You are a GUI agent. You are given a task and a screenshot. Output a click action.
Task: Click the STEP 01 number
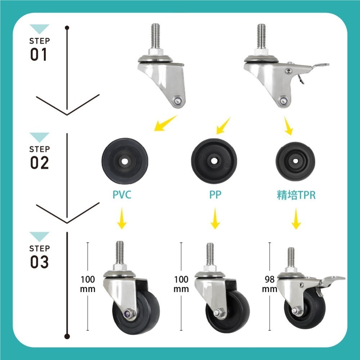click(x=39, y=54)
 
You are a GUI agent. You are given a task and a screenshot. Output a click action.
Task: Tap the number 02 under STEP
click(x=39, y=163)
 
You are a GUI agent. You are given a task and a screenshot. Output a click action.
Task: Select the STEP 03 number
click(x=39, y=262)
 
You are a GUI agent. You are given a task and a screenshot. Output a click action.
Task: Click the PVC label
click(x=122, y=194)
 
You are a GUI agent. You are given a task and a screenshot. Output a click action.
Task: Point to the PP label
click(x=215, y=194)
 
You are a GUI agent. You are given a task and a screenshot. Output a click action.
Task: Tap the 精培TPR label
click(x=296, y=195)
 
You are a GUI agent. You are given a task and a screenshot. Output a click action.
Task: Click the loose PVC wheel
click(x=125, y=161)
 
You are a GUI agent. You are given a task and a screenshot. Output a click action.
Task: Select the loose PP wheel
click(x=214, y=161)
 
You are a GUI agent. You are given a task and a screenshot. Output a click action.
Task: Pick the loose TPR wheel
click(x=295, y=161)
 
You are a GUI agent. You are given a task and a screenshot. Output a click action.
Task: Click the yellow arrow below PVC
click(x=122, y=219)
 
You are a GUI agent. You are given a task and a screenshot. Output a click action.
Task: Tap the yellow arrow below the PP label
click(x=215, y=219)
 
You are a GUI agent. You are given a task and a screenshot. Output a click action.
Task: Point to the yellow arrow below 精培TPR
click(x=296, y=219)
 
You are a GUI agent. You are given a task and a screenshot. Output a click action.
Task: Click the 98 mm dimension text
click(x=270, y=284)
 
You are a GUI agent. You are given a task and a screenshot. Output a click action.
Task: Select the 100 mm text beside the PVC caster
click(x=88, y=284)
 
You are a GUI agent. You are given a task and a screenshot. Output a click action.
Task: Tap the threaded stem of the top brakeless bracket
click(x=156, y=36)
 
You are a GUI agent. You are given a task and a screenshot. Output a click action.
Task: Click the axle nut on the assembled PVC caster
click(x=127, y=313)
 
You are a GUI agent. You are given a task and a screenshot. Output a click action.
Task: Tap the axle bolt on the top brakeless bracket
click(x=177, y=100)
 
